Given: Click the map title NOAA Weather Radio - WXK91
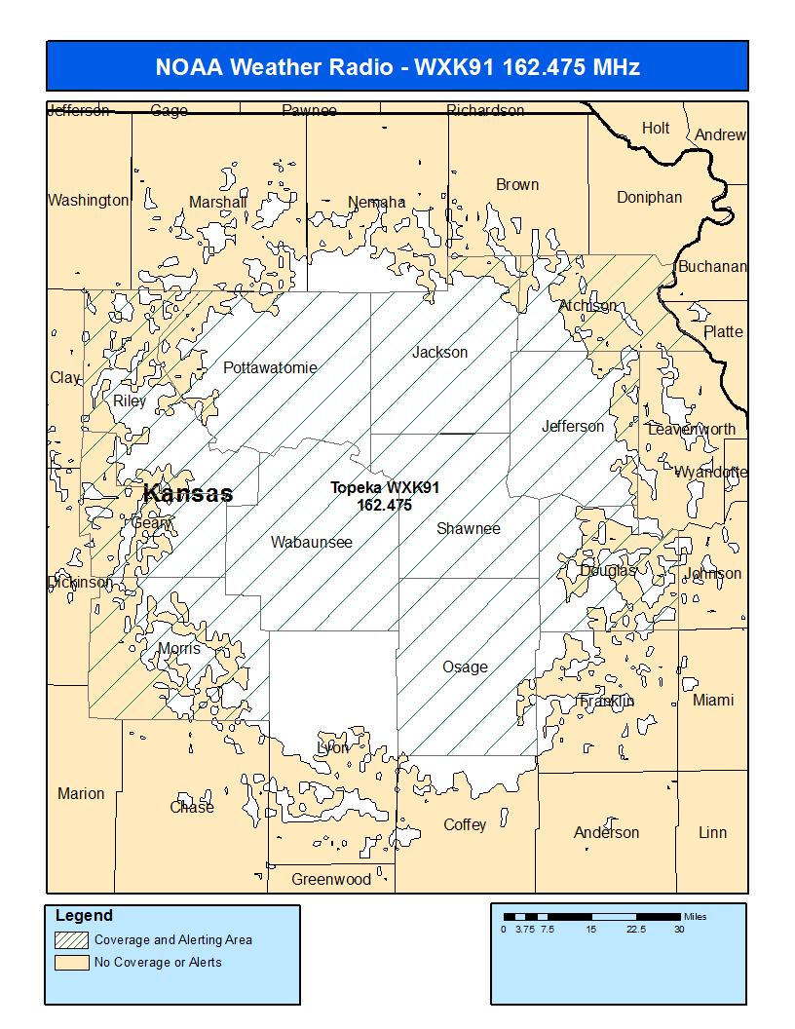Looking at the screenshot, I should tap(397, 67).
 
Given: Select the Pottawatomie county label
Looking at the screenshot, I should tap(270, 367).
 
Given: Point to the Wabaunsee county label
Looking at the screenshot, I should tap(312, 542).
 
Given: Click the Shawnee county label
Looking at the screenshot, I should tap(469, 528).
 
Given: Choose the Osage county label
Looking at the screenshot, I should tap(465, 667).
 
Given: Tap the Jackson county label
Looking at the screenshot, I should tap(439, 352).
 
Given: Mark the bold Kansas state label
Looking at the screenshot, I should tap(188, 493).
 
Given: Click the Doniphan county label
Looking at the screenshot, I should tap(649, 197).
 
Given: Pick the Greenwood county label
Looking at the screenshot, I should tap(331, 879).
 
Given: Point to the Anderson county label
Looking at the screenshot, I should tap(606, 832).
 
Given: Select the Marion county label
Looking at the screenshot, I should tap(81, 793).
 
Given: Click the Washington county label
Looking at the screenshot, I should tap(88, 200).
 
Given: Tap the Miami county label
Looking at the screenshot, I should tap(713, 700).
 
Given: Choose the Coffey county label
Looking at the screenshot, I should tap(465, 824).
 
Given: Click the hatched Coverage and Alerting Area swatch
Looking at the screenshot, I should tap(70, 940).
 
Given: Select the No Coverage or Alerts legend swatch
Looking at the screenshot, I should tap(70, 963).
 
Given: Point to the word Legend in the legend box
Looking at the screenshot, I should tap(84, 916).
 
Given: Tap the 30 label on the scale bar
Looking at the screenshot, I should tap(679, 929).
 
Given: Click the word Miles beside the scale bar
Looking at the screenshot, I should tap(695, 917).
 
